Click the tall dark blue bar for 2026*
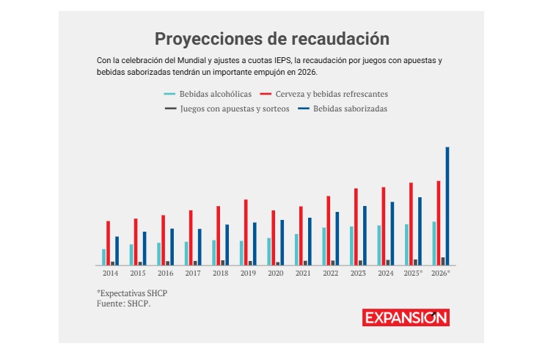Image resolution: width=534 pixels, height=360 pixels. pos(447,206)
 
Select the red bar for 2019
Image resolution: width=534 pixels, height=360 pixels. pos(246,232)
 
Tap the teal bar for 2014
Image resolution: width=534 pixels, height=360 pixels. pos(103,257)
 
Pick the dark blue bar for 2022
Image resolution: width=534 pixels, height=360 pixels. pos(337,238)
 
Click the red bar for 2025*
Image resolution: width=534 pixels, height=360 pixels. pos(412,224)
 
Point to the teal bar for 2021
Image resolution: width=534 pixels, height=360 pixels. pos(296,249)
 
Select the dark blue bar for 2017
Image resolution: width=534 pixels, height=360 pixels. pos(200,246)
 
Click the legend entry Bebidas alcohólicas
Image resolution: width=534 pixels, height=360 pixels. pos(208,94)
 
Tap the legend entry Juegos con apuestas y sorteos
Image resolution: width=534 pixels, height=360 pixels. pos(227,109)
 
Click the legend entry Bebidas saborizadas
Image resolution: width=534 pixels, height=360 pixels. pos(343,109)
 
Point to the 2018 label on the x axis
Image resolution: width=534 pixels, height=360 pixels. pos(220,273)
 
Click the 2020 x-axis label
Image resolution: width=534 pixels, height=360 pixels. pos(275,273)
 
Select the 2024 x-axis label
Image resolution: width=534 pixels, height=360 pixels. pos(385,273)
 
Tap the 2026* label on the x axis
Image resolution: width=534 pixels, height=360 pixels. pos(441,273)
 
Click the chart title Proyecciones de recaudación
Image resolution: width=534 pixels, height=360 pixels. pos(271,39)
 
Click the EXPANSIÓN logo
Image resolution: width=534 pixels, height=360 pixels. pos(406,317)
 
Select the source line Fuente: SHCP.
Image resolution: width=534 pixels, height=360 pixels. pos(123,302)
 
